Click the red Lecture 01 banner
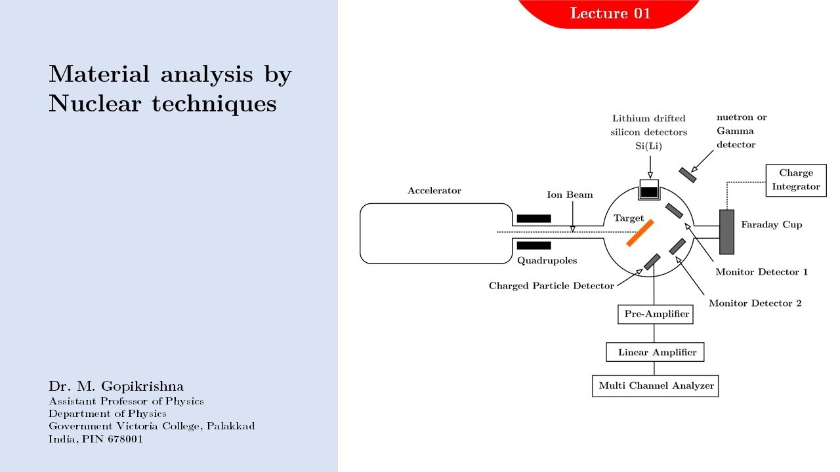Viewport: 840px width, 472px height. [610, 14]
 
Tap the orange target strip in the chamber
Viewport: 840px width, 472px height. [640, 233]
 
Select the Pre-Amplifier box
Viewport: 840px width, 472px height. [656, 314]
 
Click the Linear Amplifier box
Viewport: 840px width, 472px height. [655, 352]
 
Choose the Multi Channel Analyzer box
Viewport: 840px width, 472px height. [656, 386]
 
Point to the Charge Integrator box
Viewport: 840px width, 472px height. [796, 180]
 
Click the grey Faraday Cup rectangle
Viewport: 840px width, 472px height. [726, 232]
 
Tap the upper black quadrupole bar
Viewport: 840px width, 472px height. [534, 218]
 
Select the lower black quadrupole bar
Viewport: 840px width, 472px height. [534, 245]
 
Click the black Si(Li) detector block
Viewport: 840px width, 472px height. [649, 192]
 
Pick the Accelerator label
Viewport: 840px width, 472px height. [434, 191]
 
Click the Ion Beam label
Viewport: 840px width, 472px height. [570, 195]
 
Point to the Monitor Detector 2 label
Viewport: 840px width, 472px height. [755, 303]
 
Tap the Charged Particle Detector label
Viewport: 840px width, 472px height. [551, 286]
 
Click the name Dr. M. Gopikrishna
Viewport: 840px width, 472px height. [116, 386]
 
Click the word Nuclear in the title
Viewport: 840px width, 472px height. [95, 104]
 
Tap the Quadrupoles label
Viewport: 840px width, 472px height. [547, 261]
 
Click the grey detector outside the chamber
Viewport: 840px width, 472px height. [688, 175]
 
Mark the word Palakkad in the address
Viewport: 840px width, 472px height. [230, 426]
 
